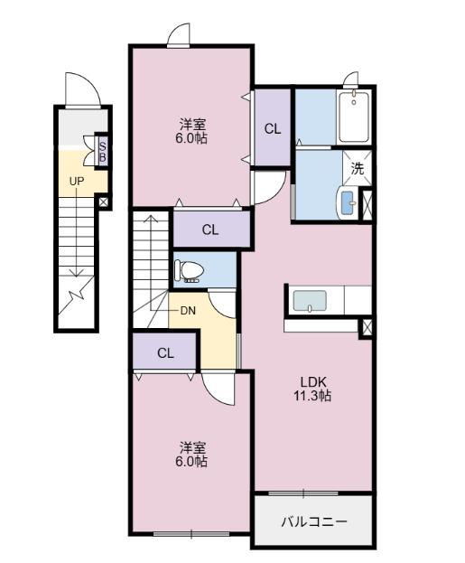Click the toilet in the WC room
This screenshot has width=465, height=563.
pos(189,270)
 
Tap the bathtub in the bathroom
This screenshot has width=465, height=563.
pos(354,117)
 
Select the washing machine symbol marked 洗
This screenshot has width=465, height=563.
pos(357,168)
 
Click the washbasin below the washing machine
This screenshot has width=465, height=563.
pos(347,202)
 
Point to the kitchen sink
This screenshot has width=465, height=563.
pos(310,301)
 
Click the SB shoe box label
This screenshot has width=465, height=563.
pos(103,152)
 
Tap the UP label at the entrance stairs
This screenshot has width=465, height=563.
pos(77,182)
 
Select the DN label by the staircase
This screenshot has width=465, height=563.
pos(188,311)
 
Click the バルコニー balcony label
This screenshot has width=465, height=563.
pos(314,521)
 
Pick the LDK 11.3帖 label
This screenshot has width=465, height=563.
pos(313,389)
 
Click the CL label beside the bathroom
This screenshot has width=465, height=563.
pos(273,129)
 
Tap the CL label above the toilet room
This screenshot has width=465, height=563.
pos(210,230)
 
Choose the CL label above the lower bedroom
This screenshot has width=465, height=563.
pos(165,353)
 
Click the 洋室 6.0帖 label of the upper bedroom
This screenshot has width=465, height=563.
pos(191,131)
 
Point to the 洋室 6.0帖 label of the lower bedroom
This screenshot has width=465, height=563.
pos(191,455)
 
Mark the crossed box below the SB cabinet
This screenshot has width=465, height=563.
pos(103,202)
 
